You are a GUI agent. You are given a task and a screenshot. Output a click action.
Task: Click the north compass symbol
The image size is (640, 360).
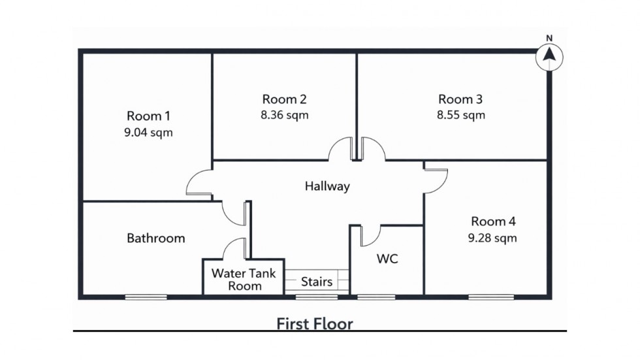tap(549, 57)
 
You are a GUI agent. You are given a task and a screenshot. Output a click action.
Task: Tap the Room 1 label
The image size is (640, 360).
tap(148, 116)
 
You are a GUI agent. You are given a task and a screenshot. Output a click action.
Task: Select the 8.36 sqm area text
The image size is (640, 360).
tap(284, 115)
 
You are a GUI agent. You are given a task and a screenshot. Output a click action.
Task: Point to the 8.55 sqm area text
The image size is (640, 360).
tap(460, 115)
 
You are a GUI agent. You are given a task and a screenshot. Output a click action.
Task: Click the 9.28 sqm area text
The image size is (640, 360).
tap(493, 238)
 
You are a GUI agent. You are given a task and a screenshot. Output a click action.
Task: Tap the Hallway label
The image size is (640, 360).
tap(327, 186)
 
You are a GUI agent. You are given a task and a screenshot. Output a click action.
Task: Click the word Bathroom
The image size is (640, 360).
tap(155, 238)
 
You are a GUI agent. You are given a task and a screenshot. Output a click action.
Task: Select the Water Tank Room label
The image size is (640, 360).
tap(236, 279)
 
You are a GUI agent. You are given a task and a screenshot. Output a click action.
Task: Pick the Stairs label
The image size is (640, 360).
tap(317, 282)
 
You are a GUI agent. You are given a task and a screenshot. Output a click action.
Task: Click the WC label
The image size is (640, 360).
tap(387, 259)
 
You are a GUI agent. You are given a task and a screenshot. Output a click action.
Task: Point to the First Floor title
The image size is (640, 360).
tap(315, 323)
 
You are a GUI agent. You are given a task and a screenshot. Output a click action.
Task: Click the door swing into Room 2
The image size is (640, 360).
tap(341, 150)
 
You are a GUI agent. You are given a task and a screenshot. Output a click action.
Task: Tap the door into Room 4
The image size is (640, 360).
tap(436, 181)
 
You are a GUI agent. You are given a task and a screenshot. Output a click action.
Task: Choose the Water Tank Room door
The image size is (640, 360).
tap(234, 249)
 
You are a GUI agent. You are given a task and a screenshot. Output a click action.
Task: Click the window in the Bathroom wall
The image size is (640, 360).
tap(146, 297)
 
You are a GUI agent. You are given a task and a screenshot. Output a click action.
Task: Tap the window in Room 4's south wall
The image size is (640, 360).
tap(490, 297)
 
